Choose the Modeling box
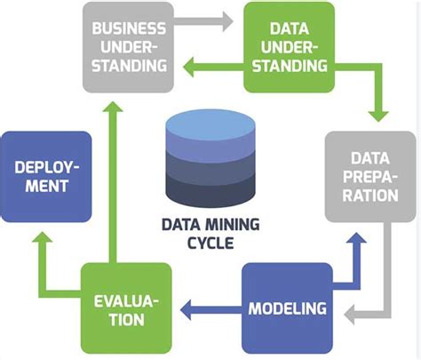[x=286, y=308]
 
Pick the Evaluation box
[x=129, y=308]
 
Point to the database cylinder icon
[x=209, y=160]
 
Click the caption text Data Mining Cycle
[x=209, y=232]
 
